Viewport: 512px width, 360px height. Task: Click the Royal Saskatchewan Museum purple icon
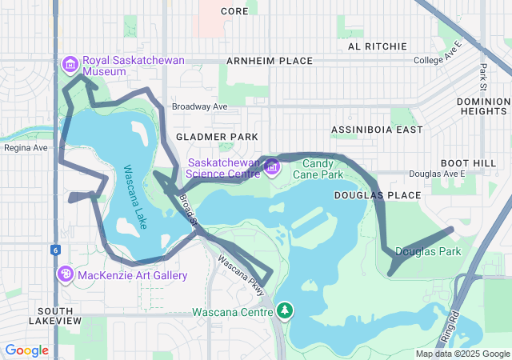click(70, 63)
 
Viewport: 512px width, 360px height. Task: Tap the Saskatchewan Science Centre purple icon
click(271, 166)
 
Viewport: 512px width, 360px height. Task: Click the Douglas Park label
click(428, 251)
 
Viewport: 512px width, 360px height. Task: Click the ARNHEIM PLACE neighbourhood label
click(270, 61)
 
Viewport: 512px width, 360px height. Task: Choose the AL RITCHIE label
click(377, 46)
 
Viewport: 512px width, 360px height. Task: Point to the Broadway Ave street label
click(199, 106)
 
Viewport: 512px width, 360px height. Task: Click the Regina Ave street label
click(26, 148)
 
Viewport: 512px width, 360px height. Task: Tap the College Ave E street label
click(438, 61)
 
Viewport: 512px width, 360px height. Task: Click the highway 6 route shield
click(55, 250)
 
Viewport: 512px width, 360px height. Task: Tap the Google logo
click(27, 350)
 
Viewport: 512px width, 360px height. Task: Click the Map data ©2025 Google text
click(462, 354)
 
